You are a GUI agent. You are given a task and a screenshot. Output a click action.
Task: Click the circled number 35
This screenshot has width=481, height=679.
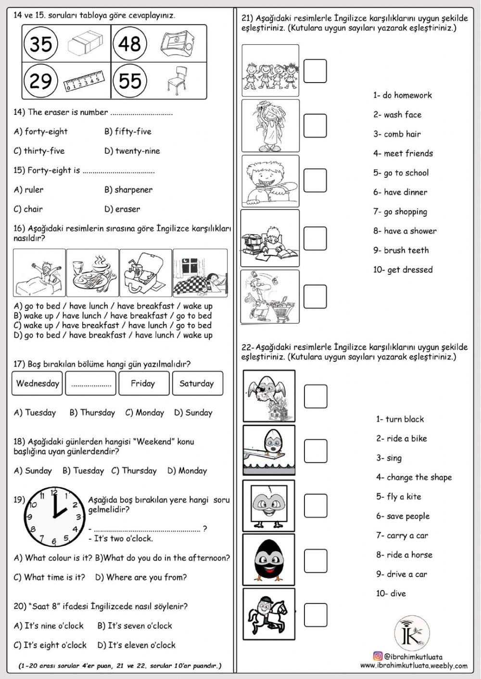[x=40, y=44]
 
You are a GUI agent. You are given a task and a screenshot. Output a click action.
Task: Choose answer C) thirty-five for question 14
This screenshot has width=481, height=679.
[x=39, y=151]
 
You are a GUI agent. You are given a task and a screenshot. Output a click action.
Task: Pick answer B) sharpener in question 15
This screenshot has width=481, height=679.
[x=128, y=190]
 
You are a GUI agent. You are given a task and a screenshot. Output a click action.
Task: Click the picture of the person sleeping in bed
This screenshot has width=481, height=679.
[x=200, y=273]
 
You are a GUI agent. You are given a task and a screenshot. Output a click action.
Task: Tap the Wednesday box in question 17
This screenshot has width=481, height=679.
[x=38, y=383]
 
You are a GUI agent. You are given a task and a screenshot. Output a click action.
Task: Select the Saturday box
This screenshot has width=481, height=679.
[x=196, y=383]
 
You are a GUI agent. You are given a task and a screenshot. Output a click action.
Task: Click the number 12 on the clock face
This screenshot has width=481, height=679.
[x=54, y=492]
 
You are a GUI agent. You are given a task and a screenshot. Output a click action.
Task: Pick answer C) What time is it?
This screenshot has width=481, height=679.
[x=50, y=578]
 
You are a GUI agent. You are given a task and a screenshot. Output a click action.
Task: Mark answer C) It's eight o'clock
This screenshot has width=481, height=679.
[x=50, y=645]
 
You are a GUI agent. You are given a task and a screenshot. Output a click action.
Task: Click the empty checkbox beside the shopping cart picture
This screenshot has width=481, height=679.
[x=315, y=296]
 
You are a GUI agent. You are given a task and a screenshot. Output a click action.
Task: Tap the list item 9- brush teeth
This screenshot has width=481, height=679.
[x=401, y=250]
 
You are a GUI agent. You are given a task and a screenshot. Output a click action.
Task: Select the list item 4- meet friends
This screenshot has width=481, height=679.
[x=403, y=154]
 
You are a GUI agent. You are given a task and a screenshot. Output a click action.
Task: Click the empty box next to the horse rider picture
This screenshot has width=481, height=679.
[x=316, y=615]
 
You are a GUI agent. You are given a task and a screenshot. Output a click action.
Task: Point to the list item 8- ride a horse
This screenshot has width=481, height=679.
[x=404, y=555]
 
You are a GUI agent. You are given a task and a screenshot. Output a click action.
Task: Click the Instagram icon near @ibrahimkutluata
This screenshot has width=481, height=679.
[x=378, y=656]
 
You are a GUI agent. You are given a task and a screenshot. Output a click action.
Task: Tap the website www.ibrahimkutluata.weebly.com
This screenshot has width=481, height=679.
[x=414, y=666]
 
